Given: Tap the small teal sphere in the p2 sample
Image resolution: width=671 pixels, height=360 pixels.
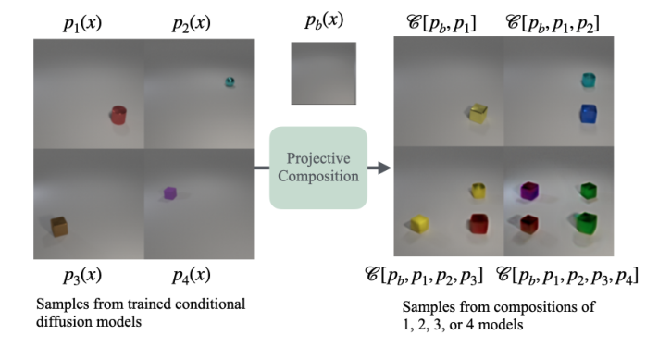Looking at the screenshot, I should coord(230,81).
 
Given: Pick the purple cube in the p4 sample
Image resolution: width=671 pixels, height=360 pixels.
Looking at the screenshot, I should coord(169,193).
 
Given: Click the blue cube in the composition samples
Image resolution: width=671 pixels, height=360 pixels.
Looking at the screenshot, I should coord(587,114).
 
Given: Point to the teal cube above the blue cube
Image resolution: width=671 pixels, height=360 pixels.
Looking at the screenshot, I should coord(586,81).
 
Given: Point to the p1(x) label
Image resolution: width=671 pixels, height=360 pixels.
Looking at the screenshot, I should coord(81,22).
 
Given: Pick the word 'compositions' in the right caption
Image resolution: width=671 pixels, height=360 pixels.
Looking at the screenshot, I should coord(525,306).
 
